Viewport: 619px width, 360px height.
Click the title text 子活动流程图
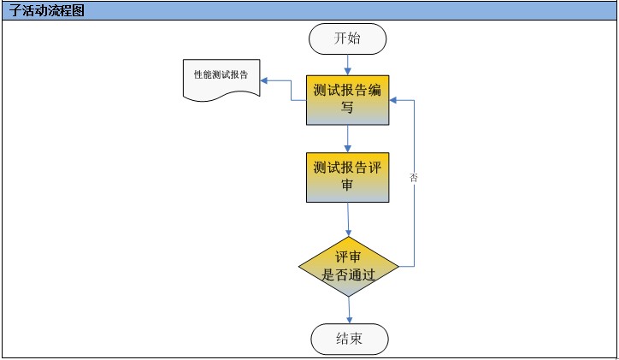(47, 10)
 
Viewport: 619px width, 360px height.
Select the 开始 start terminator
(347, 38)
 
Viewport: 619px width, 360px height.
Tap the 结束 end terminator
(349, 339)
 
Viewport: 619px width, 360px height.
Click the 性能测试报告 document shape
(221, 79)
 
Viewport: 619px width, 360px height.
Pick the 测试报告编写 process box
(347, 99)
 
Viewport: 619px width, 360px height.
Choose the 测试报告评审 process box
(347, 176)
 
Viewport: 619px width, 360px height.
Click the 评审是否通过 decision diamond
(349, 267)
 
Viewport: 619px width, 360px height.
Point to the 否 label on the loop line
(414, 178)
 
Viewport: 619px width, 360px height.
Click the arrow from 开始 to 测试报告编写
(347, 64)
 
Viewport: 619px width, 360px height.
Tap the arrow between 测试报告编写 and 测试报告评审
(347, 139)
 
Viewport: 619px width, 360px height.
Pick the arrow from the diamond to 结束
(349, 310)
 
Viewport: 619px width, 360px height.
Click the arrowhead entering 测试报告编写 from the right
(394, 100)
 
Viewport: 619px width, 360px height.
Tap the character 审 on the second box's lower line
(347, 185)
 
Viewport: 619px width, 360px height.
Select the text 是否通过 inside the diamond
(349, 275)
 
